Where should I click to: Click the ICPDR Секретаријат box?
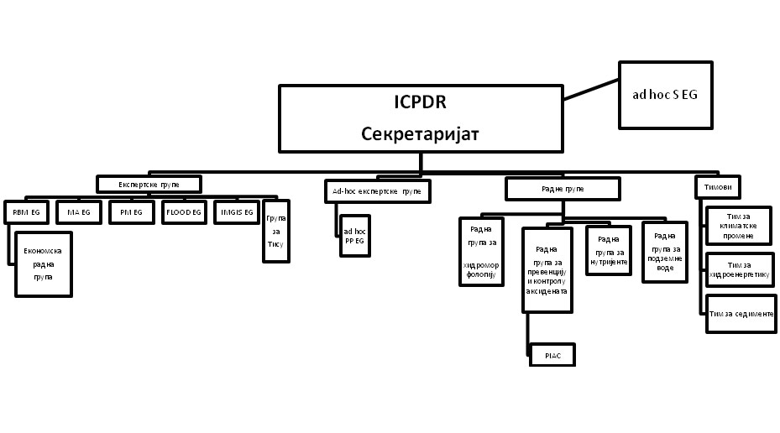coord(421,118)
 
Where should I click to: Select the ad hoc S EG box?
coord(665,95)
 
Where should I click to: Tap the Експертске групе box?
coord(149,183)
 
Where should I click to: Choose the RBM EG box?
coord(28,213)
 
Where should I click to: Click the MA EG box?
coord(80,213)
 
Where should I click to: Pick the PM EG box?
coord(131,213)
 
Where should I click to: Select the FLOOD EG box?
coord(183,213)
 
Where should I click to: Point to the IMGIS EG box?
coord(237,213)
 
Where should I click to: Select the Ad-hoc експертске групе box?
coord(376,192)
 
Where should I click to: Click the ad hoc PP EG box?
coord(353,235)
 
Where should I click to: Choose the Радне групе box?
coord(562,189)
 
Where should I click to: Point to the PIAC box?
coord(552,356)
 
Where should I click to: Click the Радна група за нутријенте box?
coord(608,251)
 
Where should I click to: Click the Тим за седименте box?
coord(740,313)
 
